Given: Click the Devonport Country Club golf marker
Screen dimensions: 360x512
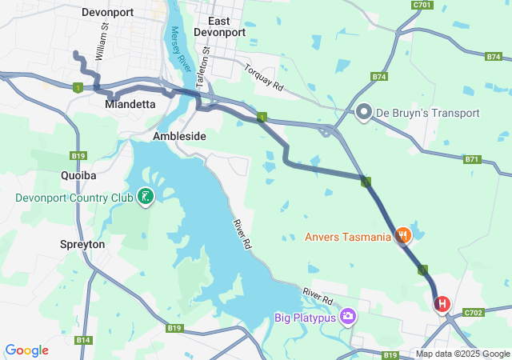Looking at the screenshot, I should point(145,195).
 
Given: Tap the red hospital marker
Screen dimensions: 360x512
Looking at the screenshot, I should point(442,305).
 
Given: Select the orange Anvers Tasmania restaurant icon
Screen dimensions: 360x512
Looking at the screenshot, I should point(403,236).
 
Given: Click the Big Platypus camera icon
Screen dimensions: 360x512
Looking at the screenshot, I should point(348,317).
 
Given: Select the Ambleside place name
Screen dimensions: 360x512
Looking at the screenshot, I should point(179,137).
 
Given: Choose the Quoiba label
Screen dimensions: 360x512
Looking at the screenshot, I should point(78,174).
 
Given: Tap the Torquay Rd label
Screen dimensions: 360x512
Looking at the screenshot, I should point(264,77).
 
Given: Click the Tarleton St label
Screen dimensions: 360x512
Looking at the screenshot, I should point(205,61).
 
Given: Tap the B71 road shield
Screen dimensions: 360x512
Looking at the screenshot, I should point(473,159).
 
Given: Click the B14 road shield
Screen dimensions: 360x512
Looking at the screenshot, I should point(82,340).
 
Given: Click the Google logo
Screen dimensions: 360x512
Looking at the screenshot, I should point(26,350).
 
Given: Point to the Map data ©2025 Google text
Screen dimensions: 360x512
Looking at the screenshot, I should point(462,354).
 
